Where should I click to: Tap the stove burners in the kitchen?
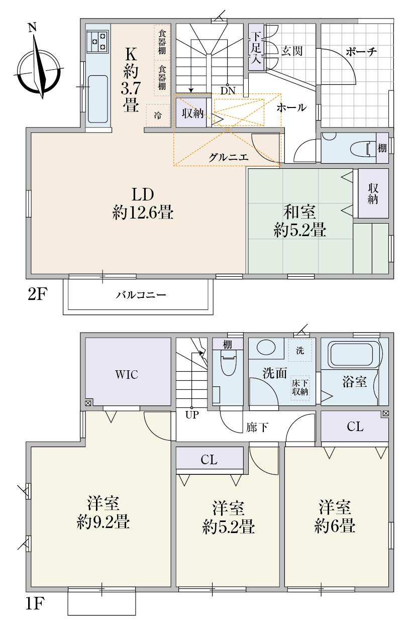pos(98,41)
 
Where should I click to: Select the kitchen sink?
pos(98,99)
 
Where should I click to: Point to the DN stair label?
pos(228,90)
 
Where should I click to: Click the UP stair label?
pos(191,416)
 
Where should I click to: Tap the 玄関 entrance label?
pos(291,51)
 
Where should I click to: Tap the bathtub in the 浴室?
pos(355,355)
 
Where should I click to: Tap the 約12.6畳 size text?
pos(143,214)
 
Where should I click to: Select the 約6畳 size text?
pos(336,526)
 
